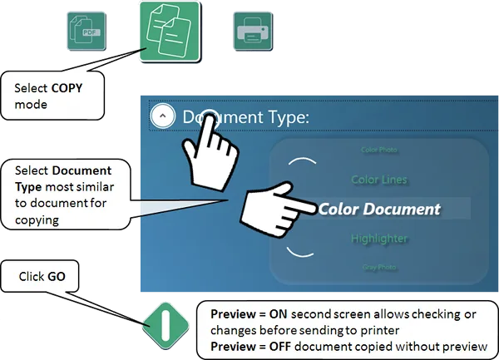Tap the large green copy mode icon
(172, 32)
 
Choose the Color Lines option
(378, 179)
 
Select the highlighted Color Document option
(379, 208)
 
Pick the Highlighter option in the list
(378, 239)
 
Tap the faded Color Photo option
(379, 151)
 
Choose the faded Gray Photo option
(379, 268)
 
